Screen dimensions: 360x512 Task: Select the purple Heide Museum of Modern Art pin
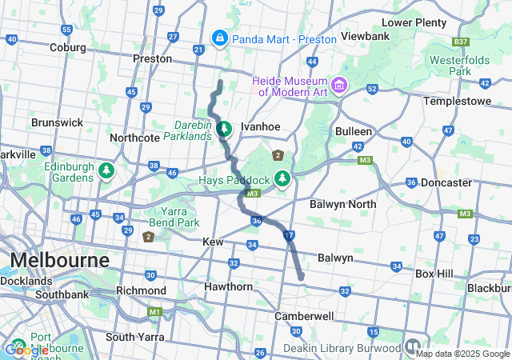coord(339,84)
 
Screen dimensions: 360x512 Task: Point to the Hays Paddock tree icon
coord(282,178)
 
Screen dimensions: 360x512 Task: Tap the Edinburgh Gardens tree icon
coord(106,170)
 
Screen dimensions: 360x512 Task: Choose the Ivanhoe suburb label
coord(261,126)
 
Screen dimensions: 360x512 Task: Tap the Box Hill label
coord(434,274)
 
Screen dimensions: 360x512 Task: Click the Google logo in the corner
coord(26,350)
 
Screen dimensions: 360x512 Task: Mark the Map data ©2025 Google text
coord(462,354)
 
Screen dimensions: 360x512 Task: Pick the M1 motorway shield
coord(154,311)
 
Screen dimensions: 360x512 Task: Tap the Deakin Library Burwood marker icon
coord(412,347)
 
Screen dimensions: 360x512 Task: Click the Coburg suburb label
coord(66,47)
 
